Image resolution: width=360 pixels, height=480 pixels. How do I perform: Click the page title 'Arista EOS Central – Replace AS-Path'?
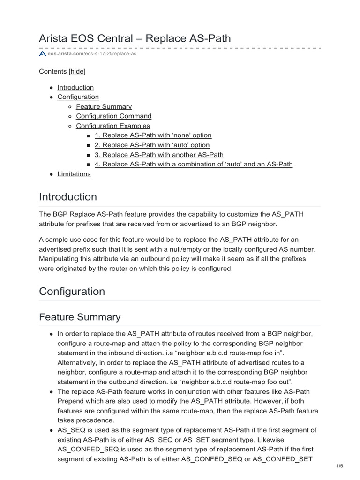point(135,38)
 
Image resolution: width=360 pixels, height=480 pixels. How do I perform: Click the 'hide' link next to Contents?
point(77,71)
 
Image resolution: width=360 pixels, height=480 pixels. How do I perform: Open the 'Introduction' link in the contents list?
point(75,87)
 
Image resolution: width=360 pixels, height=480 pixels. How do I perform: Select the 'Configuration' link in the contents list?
point(78,97)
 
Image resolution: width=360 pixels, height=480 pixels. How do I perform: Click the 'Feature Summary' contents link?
point(104,106)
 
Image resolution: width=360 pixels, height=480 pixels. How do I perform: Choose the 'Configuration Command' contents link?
point(113,116)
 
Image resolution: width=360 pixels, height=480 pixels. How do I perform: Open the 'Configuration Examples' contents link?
point(113,126)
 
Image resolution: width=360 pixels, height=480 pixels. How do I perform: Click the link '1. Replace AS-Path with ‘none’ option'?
point(153,135)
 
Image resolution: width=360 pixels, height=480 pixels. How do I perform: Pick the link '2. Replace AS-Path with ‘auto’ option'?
point(152,145)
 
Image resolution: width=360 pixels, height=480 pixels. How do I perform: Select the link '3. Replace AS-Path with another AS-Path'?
point(159,154)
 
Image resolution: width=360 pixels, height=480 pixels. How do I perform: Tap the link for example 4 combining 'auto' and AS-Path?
point(193,164)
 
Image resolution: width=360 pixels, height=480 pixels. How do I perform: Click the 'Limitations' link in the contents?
point(74,174)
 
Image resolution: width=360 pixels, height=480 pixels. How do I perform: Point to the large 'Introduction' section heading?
point(68,196)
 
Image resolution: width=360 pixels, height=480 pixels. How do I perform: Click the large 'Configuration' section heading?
point(72,291)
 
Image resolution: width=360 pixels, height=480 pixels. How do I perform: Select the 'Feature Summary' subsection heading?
point(80,317)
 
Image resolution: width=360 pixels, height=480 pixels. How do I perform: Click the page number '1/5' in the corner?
point(340,465)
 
